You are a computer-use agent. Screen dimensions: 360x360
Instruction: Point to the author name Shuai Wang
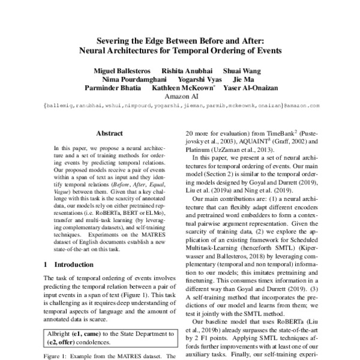(242, 70)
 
